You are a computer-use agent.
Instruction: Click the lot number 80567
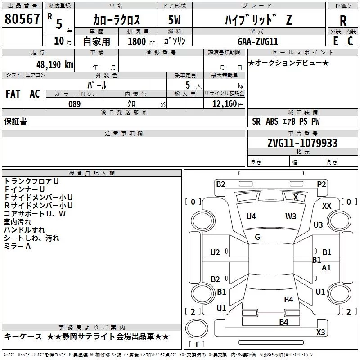click(22, 19)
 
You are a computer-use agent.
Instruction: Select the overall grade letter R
click(343, 20)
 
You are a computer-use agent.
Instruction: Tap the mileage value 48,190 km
click(55, 64)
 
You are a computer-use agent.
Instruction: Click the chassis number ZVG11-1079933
click(302, 143)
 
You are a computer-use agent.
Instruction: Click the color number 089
click(74, 104)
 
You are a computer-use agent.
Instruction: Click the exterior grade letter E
click(335, 41)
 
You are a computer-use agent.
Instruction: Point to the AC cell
click(35, 94)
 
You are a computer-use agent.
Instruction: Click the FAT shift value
click(13, 94)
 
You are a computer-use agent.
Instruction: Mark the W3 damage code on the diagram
click(291, 216)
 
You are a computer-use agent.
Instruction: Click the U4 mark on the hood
click(251, 216)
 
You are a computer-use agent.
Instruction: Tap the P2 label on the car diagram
click(321, 184)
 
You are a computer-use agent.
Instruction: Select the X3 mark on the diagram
click(320, 333)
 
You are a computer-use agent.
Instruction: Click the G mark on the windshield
click(257, 237)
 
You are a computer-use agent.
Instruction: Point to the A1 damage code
click(327, 268)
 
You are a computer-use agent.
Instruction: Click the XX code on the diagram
click(327, 206)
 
